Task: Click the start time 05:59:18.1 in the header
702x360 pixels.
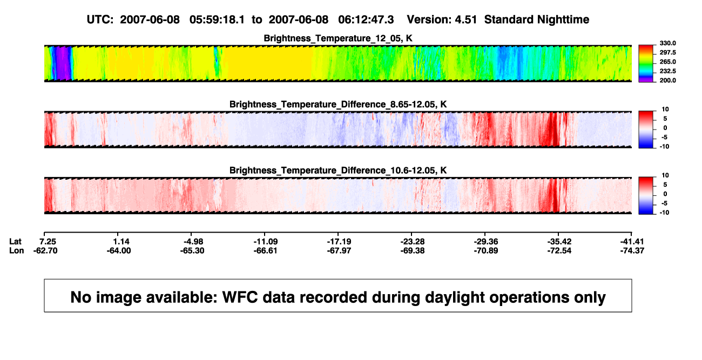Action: click(217, 20)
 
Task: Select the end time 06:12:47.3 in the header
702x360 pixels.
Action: click(366, 20)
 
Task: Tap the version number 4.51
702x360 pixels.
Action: click(465, 20)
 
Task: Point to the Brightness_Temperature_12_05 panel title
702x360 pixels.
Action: click(338, 38)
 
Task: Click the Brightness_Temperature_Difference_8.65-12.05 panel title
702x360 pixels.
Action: click(338, 104)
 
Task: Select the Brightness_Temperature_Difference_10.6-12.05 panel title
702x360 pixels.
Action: click(338, 171)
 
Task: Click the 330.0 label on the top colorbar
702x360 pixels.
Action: click(667, 43)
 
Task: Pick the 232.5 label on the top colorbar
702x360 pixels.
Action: click(667, 71)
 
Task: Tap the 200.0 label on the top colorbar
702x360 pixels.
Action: click(667, 80)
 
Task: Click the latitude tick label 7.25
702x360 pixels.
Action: click(48, 242)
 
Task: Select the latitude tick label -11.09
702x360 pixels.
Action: click(265, 242)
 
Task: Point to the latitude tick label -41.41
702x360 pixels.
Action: click(632, 242)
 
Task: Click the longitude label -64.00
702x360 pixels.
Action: click(118, 250)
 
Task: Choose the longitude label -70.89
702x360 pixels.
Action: click(486, 250)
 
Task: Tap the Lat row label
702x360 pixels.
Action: click(15, 242)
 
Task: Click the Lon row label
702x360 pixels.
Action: click(16, 250)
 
